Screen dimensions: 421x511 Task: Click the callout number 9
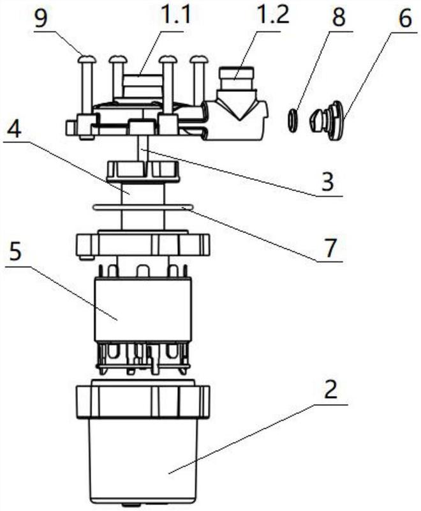click(41, 19)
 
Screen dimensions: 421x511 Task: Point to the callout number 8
click(338, 17)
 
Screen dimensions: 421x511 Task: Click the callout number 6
click(405, 18)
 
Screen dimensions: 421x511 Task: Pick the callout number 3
click(327, 181)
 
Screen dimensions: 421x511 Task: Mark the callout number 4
click(14, 130)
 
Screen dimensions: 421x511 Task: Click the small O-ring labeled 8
click(293, 121)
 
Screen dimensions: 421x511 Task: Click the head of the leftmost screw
click(87, 59)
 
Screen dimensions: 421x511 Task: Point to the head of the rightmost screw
click(199, 59)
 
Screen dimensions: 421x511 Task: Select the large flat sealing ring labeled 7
click(143, 207)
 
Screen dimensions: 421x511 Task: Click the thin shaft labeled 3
click(143, 148)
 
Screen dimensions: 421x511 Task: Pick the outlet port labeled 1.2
click(237, 78)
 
